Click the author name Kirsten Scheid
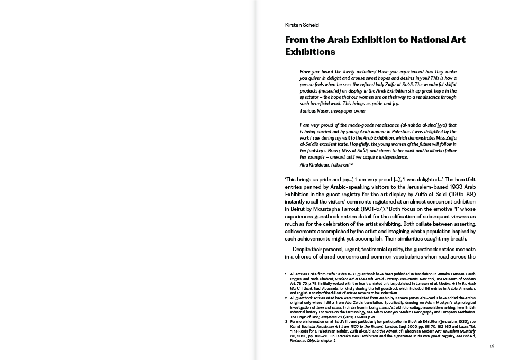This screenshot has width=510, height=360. click(302, 25)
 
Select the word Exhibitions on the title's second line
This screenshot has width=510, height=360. click(310, 52)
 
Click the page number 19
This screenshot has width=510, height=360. click(491, 346)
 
